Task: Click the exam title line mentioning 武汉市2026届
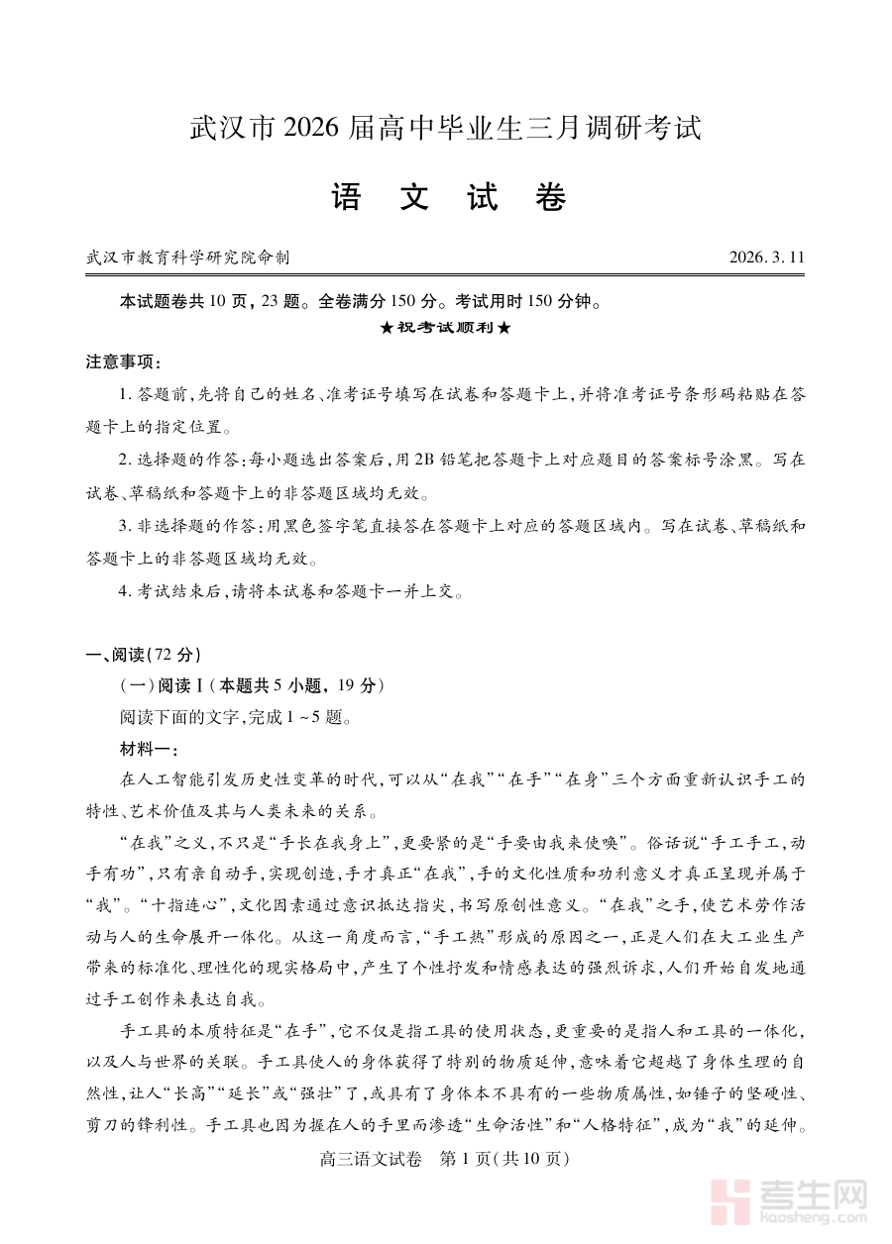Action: click(x=445, y=129)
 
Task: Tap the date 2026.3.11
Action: click(x=766, y=258)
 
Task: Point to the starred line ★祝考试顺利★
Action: click(x=446, y=328)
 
